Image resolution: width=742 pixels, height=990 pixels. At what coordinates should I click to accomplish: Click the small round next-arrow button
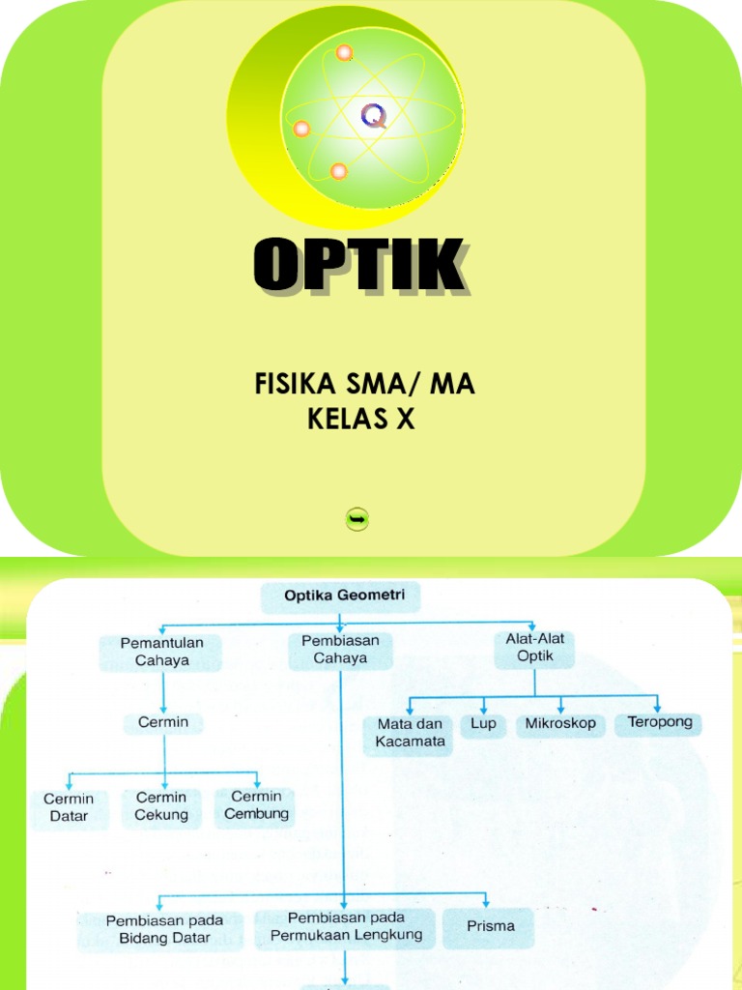357,520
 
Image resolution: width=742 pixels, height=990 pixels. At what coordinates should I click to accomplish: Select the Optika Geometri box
340,596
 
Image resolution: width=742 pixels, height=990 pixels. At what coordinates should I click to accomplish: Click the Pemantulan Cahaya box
161,653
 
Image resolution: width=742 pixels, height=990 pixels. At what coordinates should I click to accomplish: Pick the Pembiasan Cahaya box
340,650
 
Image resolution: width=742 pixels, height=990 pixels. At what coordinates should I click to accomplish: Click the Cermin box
163,722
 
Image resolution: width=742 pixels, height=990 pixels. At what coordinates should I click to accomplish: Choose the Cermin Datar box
69,807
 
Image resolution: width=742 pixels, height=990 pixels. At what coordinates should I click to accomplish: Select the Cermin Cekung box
161,805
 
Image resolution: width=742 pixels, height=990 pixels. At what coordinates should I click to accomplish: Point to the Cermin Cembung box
256,804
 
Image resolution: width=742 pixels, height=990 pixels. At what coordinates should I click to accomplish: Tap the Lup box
483,723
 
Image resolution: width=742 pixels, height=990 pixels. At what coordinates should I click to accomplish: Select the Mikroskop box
560,723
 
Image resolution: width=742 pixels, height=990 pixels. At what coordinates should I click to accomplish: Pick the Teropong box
660,722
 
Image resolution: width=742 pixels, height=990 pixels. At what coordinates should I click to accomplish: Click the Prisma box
491,926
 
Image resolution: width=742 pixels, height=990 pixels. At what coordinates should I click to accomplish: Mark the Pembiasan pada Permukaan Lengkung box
346,926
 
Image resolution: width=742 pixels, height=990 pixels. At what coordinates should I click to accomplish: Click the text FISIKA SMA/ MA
364,385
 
